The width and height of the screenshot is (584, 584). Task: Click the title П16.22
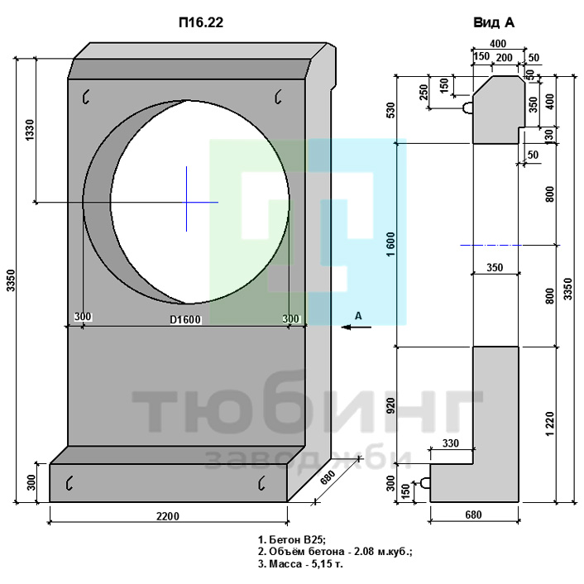pyautogui.click(x=201, y=22)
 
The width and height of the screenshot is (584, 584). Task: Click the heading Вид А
pyautogui.click(x=494, y=22)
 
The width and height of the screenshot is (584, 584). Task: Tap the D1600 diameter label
pyautogui.click(x=185, y=319)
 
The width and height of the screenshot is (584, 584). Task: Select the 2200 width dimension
pyautogui.click(x=168, y=516)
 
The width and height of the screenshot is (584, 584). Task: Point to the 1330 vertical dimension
pyautogui.click(x=29, y=130)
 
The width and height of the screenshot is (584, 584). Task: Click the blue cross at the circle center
pyautogui.click(x=187, y=202)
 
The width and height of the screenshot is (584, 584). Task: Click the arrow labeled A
pyautogui.click(x=357, y=327)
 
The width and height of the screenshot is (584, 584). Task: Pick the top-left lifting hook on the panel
pyautogui.click(x=86, y=97)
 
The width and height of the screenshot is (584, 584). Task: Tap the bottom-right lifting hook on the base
pyautogui.click(x=261, y=482)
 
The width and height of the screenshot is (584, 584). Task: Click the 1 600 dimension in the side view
pyautogui.click(x=390, y=244)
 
